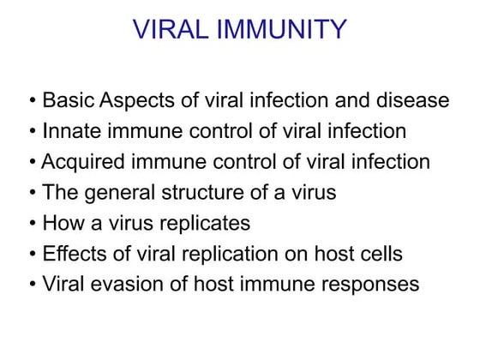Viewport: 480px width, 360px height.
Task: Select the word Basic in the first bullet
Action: pyautogui.click(x=69, y=100)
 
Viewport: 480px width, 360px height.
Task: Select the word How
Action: pyautogui.click(x=62, y=224)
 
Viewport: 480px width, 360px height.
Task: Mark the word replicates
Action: pyautogui.click(x=205, y=224)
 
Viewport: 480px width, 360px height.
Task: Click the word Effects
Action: pyautogui.click(x=73, y=255)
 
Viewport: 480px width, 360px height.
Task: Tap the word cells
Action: pyautogui.click(x=380, y=255)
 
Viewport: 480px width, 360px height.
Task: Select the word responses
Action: pyautogui.click(x=375, y=285)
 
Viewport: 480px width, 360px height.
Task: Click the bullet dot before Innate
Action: pyautogui.click(x=33, y=132)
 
